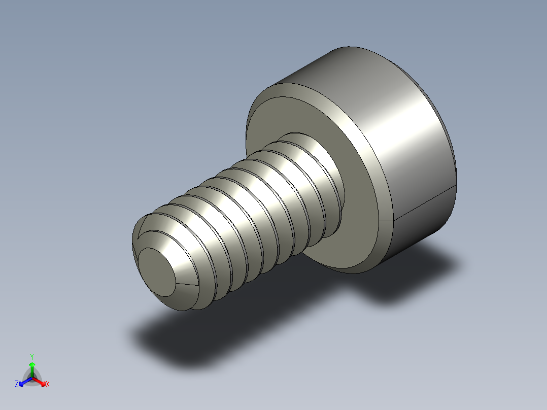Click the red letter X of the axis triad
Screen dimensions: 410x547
48,385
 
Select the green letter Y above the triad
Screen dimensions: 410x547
32,357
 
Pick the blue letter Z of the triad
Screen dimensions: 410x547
17,385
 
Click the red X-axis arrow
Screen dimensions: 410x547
40,381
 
